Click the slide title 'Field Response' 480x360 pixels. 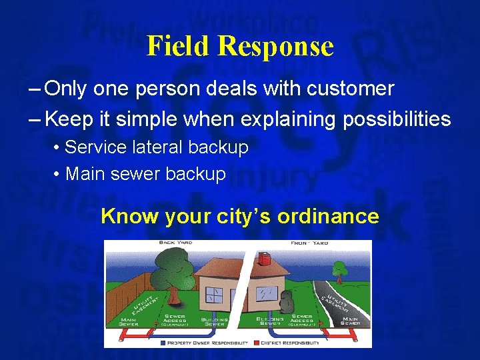coord(240,46)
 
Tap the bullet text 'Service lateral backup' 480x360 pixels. coord(156,147)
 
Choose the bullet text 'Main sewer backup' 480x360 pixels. coord(145,174)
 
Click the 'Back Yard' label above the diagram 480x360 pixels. coord(175,243)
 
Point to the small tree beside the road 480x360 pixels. coord(340,270)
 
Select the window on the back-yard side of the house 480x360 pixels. coord(214,295)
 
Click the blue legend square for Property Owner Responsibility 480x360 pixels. coord(163,343)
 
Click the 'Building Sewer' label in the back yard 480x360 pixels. coord(214,321)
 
